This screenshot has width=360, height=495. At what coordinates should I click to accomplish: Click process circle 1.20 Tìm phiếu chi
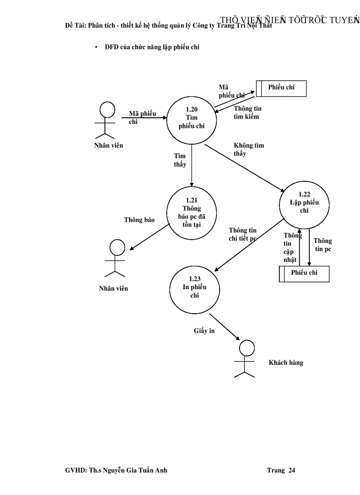coord(191,118)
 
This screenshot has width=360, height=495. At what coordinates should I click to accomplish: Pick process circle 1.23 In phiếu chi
coord(195,287)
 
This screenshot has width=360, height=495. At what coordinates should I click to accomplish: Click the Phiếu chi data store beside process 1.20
coord(281,88)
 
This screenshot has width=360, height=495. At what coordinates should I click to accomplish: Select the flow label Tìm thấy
coord(180,160)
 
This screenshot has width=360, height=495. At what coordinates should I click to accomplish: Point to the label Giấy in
coord(204,331)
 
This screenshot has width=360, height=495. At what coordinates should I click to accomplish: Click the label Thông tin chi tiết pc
coord(242,234)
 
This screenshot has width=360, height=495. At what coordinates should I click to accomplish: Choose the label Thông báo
coord(139,220)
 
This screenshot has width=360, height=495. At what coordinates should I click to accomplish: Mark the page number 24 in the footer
coord(292,470)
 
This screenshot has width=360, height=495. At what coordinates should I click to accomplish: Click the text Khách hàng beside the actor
coord(286,363)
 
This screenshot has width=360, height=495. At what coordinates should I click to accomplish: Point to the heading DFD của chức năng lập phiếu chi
coord(152,47)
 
